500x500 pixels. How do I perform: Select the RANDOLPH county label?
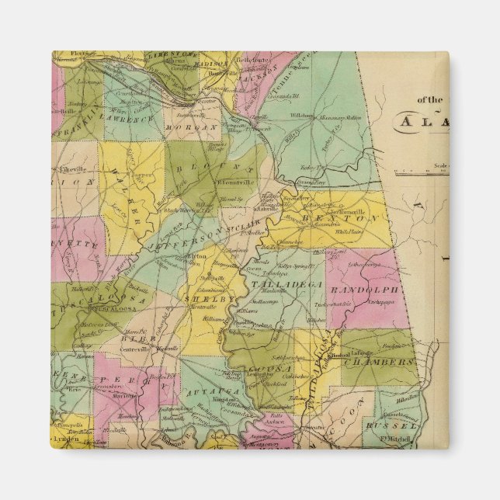(364, 289)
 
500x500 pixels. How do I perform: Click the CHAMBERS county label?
(380, 362)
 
